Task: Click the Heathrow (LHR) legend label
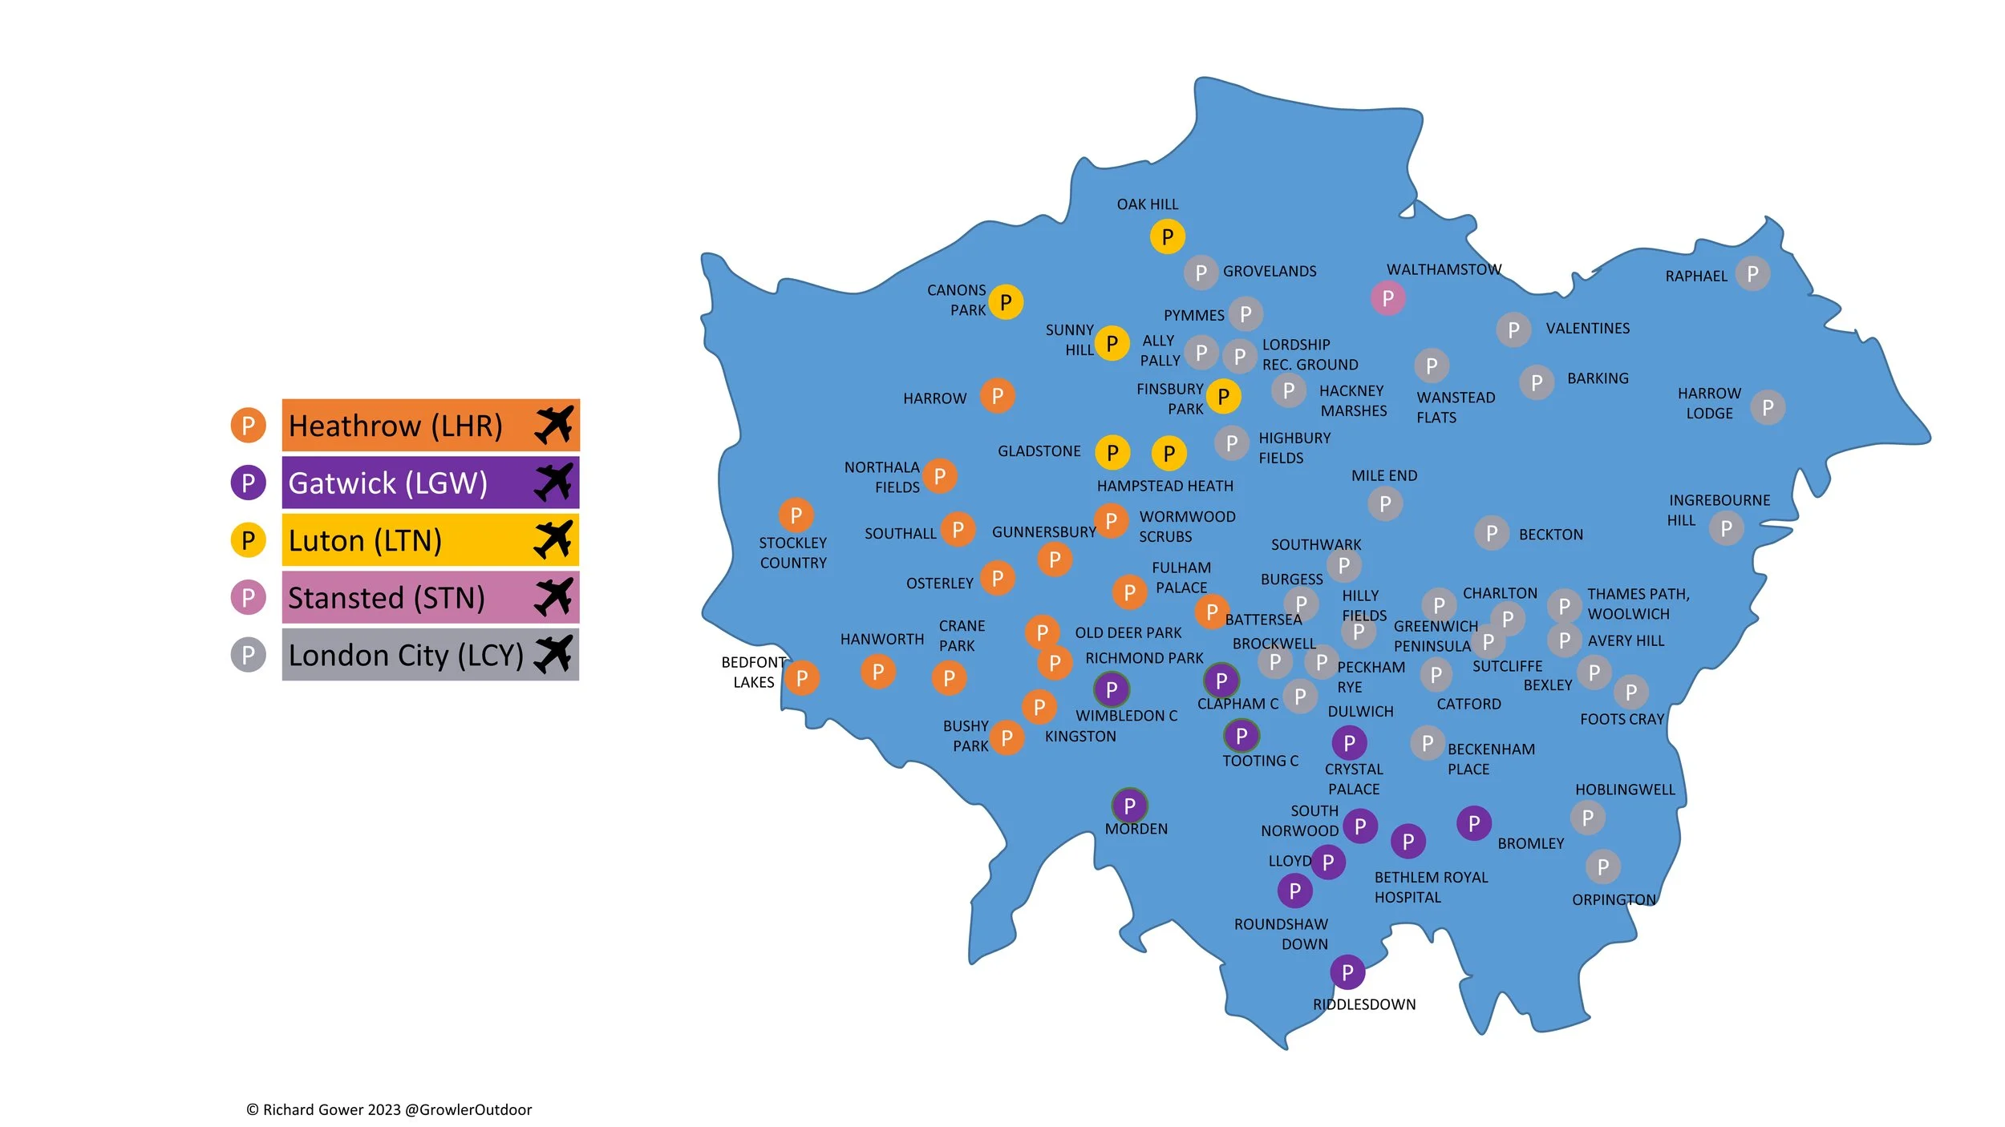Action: click(x=395, y=426)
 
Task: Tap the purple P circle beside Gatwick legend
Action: click(x=248, y=483)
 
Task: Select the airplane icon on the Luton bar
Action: click(x=553, y=539)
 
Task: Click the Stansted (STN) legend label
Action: click(x=387, y=598)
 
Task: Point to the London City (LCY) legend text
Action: click(x=405, y=656)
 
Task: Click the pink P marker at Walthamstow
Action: click(x=1387, y=298)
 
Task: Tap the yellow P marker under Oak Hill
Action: click(x=1167, y=236)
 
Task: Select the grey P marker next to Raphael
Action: click(x=1752, y=274)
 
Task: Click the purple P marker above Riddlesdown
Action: click(x=1347, y=972)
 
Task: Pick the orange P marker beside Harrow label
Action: click(x=997, y=395)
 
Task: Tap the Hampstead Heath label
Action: click(x=1165, y=486)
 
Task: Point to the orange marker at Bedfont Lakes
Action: click(x=801, y=678)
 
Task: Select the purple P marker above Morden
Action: click(x=1129, y=806)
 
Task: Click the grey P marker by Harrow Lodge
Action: click(x=1768, y=408)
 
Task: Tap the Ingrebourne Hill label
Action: click(x=1719, y=510)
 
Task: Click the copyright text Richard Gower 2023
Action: click(x=389, y=1109)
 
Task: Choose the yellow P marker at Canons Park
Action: click(x=1005, y=302)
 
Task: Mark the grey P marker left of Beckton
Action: click(x=1491, y=533)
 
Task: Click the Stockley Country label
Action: click(x=792, y=552)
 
